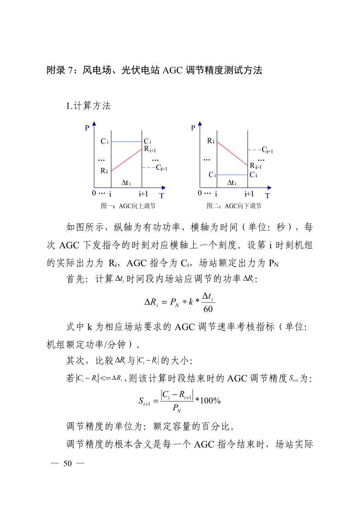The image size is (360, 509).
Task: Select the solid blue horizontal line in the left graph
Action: pyautogui.click(x=127, y=142)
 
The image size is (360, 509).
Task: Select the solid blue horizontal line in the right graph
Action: pyautogui.click(x=232, y=175)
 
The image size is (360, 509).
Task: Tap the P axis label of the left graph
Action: pyautogui.click(x=87, y=128)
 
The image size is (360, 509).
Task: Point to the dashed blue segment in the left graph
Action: pyautogui.click(x=148, y=168)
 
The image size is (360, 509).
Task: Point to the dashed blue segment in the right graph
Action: pyautogui.click(x=254, y=150)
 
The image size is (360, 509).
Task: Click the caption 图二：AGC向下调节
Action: pyautogui.click(x=234, y=206)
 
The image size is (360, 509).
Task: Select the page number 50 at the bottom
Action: pyautogui.click(x=67, y=463)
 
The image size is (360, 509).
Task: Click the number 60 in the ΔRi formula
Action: pyautogui.click(x=208, y=309)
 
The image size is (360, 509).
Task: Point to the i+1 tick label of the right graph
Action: pyautogui.click(x=249, y=194)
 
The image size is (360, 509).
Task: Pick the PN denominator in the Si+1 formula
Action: pyautogui.click(x=177, y=409)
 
